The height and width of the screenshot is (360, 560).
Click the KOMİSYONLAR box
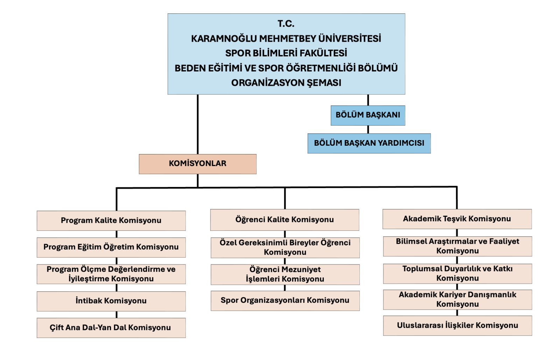197,164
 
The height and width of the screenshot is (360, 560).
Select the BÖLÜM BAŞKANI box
368,115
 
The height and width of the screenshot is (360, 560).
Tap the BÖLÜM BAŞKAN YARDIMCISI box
369,143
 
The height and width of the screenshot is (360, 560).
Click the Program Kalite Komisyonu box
111,221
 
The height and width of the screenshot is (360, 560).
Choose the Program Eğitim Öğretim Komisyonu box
111,247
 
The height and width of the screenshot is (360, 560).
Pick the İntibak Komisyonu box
111,301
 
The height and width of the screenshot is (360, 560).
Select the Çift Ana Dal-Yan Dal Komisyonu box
111,328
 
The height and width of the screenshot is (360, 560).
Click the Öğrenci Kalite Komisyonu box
285,220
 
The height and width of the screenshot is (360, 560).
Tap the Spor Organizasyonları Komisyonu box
285,300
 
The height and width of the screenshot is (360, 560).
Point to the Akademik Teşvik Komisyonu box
457,219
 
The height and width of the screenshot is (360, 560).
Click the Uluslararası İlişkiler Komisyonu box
457,325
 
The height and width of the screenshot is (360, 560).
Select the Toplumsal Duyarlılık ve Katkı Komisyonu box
457,274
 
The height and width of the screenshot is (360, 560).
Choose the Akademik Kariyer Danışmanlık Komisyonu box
457,299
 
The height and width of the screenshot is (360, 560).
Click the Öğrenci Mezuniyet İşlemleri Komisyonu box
285,274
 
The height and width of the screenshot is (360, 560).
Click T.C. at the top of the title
286,24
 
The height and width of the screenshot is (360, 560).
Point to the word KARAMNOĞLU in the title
224,39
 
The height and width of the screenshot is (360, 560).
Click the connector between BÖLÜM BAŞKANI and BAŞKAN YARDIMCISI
368,129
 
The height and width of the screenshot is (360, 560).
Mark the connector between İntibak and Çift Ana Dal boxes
117,314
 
